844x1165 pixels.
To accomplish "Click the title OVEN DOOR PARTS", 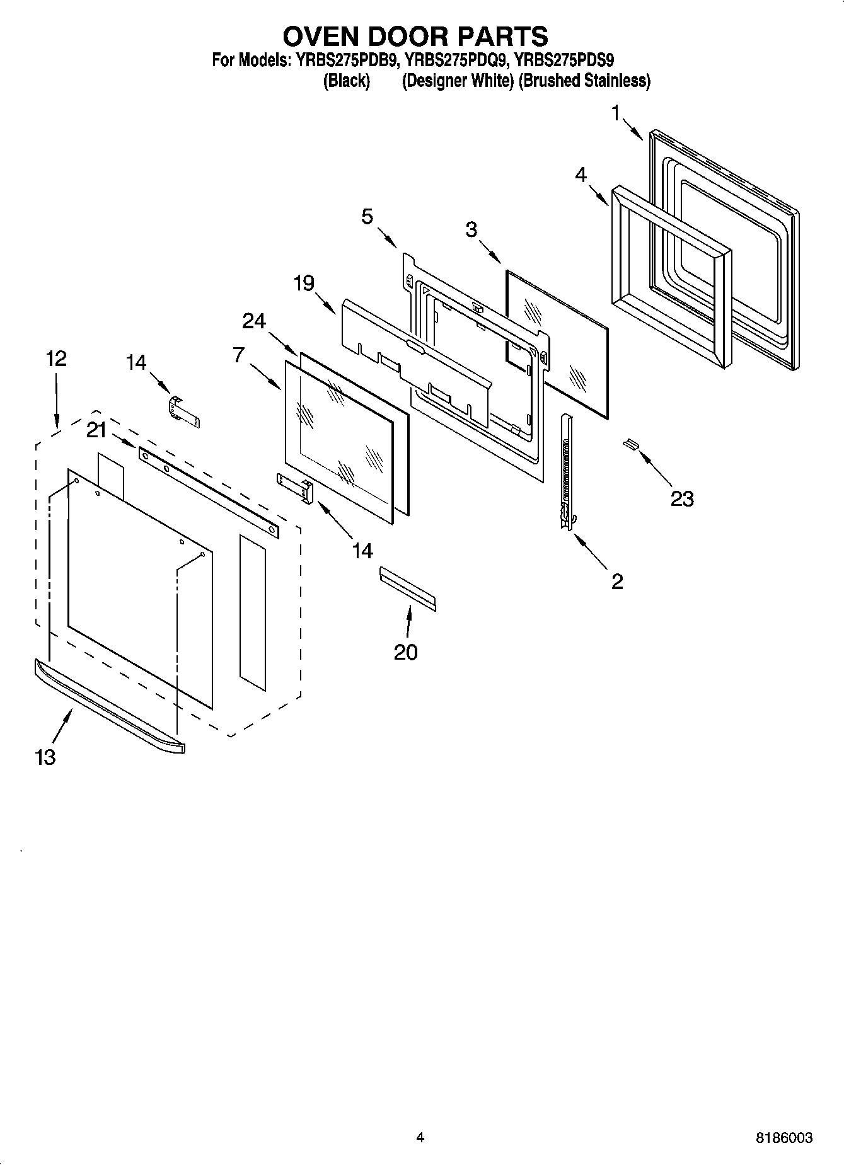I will [x=415, y=37].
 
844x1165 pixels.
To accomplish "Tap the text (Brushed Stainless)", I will [x=584, y=81].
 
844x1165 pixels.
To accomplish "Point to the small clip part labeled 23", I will [x=631, y=445].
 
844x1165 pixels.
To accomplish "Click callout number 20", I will [x=406, y=651].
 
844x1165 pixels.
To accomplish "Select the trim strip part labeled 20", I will [x=407, y=588].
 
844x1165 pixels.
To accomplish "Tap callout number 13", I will [x=46, y=756].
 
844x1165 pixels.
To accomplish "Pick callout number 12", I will [x=56, y=359].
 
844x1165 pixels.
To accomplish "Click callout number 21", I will [x=96, y=430].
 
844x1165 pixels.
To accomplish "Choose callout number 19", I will [x=304, y=284].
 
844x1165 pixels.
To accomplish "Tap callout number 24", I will [x=254, y=321].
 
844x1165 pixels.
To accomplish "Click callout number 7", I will [x=238, y=355].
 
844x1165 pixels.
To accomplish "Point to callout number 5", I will [x=367, y=217].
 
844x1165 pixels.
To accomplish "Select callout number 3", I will [x=471, y=230].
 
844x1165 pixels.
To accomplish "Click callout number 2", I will [x=617, y=581].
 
